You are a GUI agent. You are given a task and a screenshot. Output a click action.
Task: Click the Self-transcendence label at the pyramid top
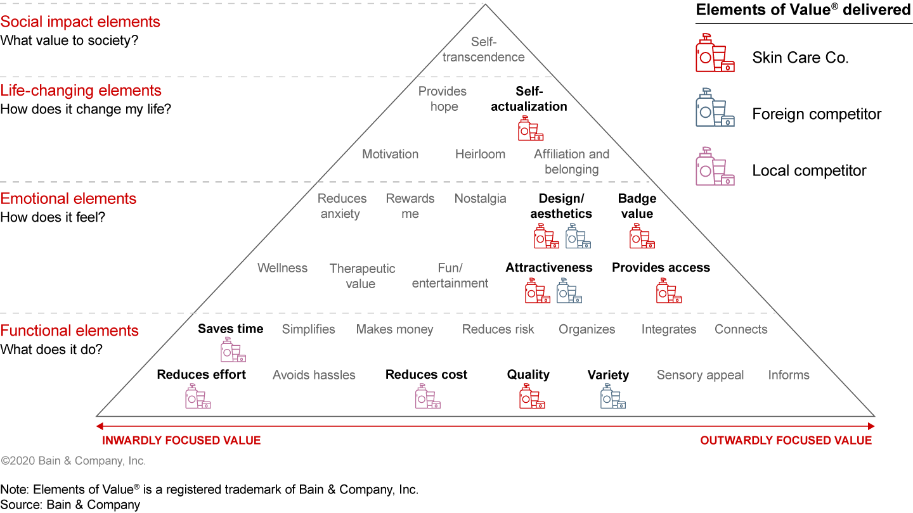tap(484, 49)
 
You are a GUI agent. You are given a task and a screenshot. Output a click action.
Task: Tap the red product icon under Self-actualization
tap(531, 129)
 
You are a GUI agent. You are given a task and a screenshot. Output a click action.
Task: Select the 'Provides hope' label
tap(443, 99)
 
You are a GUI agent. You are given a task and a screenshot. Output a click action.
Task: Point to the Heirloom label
tap(480, 154)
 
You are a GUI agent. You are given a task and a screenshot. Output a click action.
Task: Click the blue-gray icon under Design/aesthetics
tap(578, 236)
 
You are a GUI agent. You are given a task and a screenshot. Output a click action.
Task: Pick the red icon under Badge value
tap(642, 236)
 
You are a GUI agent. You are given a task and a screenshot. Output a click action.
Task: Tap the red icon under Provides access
tap(668, 291)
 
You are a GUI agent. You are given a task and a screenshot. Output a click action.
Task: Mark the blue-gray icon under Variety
tap(612, 396)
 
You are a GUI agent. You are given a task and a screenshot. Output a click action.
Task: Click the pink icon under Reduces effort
tap(198, 396)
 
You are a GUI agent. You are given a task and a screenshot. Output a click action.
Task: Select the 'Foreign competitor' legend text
tap(817, 114)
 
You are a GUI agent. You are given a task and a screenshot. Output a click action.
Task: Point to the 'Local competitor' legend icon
tap(715, 167)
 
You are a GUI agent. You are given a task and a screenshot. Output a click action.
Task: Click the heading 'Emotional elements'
tap(68, 198)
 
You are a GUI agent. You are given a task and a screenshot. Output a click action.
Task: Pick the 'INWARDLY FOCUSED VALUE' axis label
tap(181, 440)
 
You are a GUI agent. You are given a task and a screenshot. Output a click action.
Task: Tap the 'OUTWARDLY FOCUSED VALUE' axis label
tap(786, 440)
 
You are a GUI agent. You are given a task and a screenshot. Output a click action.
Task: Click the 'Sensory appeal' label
tap(700, 375)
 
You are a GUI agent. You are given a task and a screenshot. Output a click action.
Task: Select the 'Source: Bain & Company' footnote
tap(70, 505)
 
